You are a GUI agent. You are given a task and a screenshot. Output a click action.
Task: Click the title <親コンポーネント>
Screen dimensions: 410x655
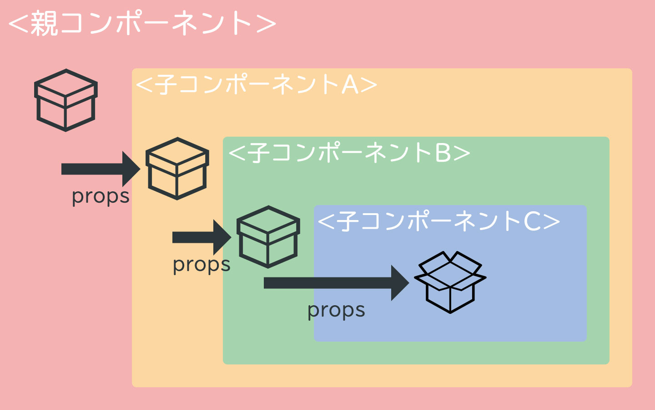tap(142, 24)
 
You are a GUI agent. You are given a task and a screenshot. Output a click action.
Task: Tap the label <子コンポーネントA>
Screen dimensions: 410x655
tap(257, 85)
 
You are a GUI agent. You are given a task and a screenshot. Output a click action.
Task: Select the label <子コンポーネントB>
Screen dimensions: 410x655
tap(349, 153)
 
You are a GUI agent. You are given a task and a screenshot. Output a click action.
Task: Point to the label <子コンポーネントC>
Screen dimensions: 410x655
tap(438, 221)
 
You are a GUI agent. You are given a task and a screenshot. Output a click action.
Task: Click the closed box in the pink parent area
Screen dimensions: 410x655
tap(66, 100)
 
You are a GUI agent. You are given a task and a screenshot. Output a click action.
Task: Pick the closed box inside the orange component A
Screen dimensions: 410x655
tap(177, 169)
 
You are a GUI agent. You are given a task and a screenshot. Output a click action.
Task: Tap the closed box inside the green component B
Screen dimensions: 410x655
tap(268, 237)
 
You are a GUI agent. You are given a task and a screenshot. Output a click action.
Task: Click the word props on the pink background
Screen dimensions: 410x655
tap(101, 197)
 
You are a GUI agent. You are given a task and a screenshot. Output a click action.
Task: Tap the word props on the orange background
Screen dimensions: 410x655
tap(202, 265)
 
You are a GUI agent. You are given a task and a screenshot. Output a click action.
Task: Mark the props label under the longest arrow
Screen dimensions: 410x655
tap(336, 311)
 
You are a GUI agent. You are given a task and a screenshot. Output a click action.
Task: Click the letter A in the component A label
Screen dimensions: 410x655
tap(350, 85)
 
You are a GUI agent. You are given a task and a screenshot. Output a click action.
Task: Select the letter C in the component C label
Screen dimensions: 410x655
tap(532, 222)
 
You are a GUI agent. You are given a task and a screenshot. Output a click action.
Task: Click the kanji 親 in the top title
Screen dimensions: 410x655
tap(44, 24)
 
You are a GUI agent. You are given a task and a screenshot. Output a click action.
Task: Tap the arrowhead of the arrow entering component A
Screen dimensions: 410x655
tap(132, 169)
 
